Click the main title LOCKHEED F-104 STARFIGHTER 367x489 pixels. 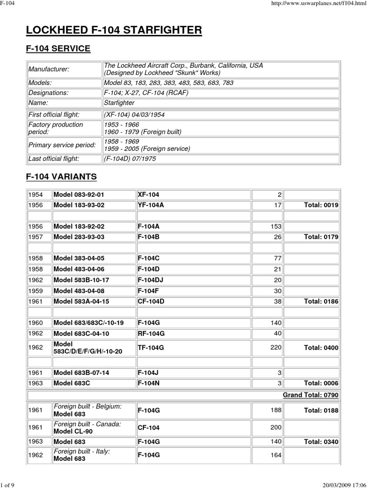tap(114, 31)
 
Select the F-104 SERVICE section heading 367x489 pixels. tap(58, 49)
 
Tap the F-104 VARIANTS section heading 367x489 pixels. tap(61, 177)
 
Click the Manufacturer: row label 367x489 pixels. tap(48, 69)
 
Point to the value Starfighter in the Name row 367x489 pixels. tap(119, 102)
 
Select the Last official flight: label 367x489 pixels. tap(53, 159)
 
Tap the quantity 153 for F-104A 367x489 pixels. tap(276, 226)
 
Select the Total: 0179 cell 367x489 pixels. tap(321, 237)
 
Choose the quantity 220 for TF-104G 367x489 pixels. tap(276, 348)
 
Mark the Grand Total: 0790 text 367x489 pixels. tap(311, 395)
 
